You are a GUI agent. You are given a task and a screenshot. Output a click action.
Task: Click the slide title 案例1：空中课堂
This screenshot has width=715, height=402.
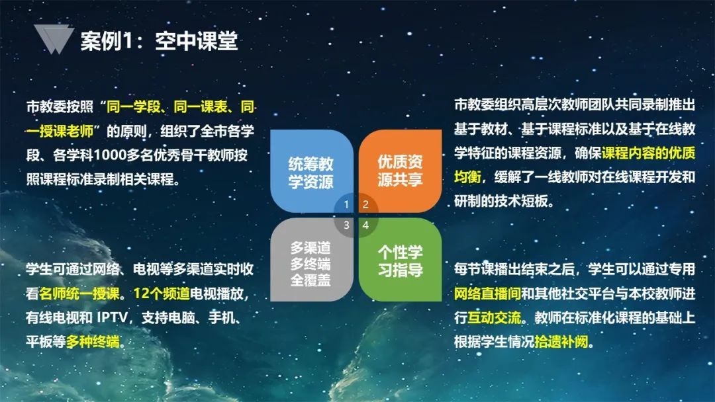click(159, 41)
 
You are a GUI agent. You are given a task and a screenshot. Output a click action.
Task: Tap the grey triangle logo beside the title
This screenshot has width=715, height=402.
click(54, 39)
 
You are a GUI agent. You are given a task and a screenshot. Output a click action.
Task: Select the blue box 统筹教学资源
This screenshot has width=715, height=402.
click(311, 171)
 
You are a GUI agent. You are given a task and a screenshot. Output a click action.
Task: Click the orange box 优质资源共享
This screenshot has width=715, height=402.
click(401, 171)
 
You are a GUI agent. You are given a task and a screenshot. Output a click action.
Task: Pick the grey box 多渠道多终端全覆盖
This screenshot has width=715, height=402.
click(311, 259)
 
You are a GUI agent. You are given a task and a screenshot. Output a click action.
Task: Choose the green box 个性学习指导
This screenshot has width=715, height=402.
click(401, 259)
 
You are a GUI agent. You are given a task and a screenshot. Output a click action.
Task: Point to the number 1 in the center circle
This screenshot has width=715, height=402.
click(346, 205)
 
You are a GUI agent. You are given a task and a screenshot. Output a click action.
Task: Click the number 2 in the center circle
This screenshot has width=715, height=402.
click(365, 205)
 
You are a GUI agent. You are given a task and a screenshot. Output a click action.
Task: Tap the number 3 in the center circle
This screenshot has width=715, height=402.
click(346, 225)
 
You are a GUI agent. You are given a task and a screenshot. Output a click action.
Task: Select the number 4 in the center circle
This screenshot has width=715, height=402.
click(365, 225)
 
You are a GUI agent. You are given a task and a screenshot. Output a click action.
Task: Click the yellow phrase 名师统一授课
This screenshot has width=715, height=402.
click(79, 294)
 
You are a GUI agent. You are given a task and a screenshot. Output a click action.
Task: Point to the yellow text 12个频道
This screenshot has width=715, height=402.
click(162, 294)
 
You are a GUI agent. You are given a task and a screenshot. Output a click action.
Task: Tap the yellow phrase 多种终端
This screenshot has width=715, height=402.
click(93, 341)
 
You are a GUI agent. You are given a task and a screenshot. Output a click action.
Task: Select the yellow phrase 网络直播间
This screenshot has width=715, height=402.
click(487, 294)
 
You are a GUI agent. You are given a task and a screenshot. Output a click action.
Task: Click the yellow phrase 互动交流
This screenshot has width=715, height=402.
click(495, 317)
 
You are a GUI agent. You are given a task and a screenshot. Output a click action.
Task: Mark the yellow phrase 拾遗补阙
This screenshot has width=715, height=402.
click(561, 341)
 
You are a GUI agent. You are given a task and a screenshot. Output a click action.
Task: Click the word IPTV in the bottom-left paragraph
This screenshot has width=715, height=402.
click(112, 317)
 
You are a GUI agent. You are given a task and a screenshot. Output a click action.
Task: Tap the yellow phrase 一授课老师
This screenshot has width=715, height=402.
click(60, 131)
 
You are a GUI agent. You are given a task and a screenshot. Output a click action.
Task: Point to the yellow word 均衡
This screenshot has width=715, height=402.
click(467, 177)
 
